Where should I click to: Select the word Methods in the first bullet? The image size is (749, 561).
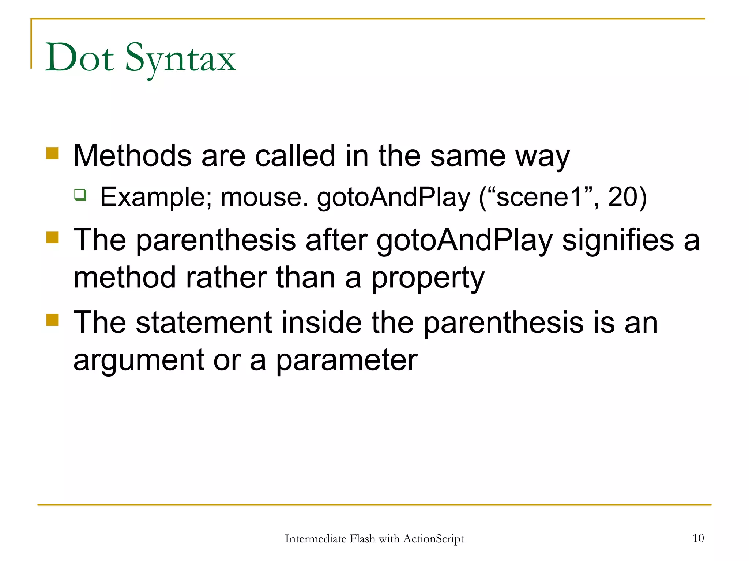click(x=132, y=156)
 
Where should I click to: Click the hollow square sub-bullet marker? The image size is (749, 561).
click(x=80, y=194)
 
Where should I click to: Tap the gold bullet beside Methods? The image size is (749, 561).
click(x=53, y=153)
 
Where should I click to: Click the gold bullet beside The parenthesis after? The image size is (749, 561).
click(x=53, y=237)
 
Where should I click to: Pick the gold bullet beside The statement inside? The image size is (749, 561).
click(x=53, y=320)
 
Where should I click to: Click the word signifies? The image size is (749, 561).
click(x=618, y=240)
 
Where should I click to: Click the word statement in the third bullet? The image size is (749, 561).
click(x=204, y=323)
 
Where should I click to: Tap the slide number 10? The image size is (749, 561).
click(x=698, y=538)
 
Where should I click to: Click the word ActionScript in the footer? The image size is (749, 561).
click(x=433, y=539)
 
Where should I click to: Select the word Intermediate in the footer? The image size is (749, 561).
click(x=315, y=539)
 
